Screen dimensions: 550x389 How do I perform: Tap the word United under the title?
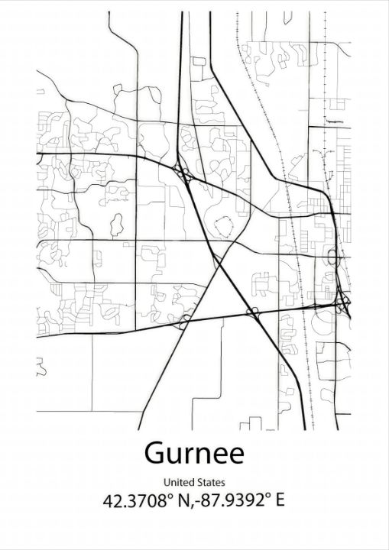[x=178, y=482]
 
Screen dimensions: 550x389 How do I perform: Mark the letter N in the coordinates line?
[x=182, y=501]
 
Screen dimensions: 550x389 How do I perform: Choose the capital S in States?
[x=200, y=482]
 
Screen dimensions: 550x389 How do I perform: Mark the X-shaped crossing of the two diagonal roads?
[x=220, y=264]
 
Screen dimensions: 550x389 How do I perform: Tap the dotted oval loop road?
[x=224, y=227]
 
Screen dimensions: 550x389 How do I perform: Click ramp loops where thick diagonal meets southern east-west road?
[x=253, y=311]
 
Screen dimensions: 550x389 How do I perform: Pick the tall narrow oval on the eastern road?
[x=332, y=257]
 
